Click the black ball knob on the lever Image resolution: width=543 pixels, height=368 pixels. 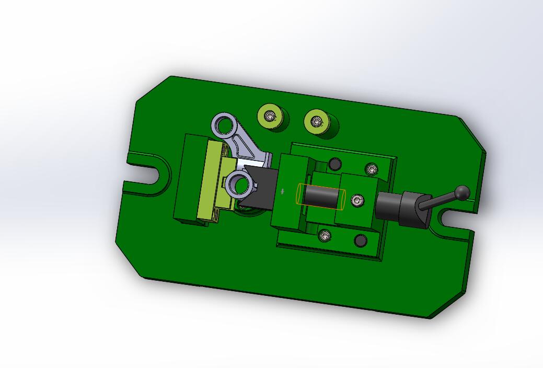pyautogui.click(x=463, y=193)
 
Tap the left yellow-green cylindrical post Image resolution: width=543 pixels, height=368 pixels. pyautogui.click(x=272, y=119)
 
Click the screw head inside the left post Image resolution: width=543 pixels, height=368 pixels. pyautogui.click(x=270, y=116)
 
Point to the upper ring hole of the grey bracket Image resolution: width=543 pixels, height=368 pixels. pyautogui.click(x=224, y=124)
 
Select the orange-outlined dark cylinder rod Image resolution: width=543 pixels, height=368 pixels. pyautogui.click(x=320, y=197)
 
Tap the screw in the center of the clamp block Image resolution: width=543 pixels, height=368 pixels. pyautogui.click(x=357, y=200)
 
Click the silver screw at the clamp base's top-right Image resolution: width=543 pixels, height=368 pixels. pyautogui.click(x=372, y=169)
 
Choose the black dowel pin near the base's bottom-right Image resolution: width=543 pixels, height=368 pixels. pyautogui.click(x=360, y=240)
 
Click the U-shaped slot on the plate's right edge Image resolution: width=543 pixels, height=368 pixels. pyautogui.click(x=453, y=218)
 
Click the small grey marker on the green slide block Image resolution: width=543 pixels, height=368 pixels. pyautogui.click(x=283, y=192)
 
